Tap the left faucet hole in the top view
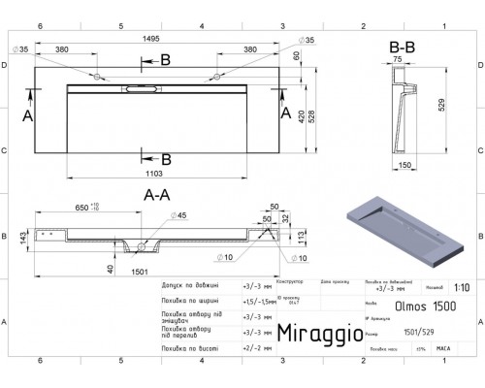[99, 76]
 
